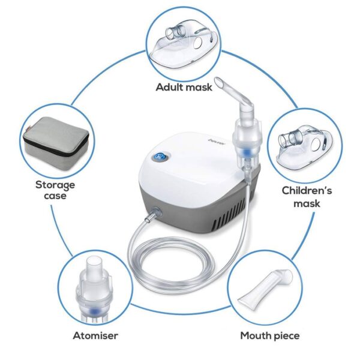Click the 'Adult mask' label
click(184, 87)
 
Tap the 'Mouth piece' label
click(269, 335)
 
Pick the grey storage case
click(53, 139)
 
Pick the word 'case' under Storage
click(55, 196)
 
